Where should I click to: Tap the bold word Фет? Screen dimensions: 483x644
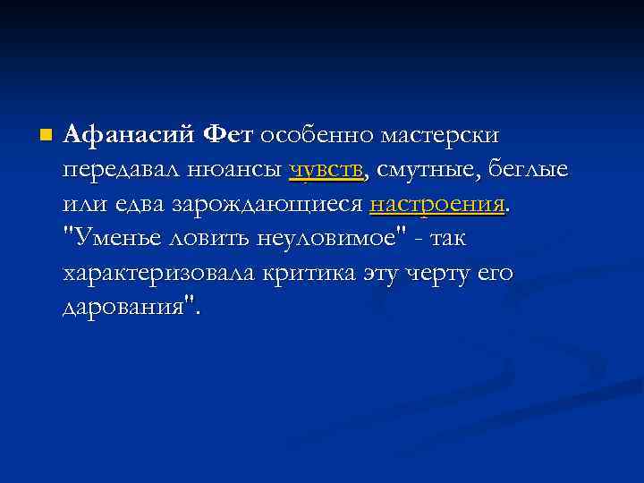coord(229,136)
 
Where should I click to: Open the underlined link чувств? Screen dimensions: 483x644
coord(326,170)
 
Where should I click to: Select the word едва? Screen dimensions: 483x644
coord(139,204)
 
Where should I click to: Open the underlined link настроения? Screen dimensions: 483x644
coord(437,205)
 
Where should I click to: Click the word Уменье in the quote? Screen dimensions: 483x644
coord(117,239)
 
